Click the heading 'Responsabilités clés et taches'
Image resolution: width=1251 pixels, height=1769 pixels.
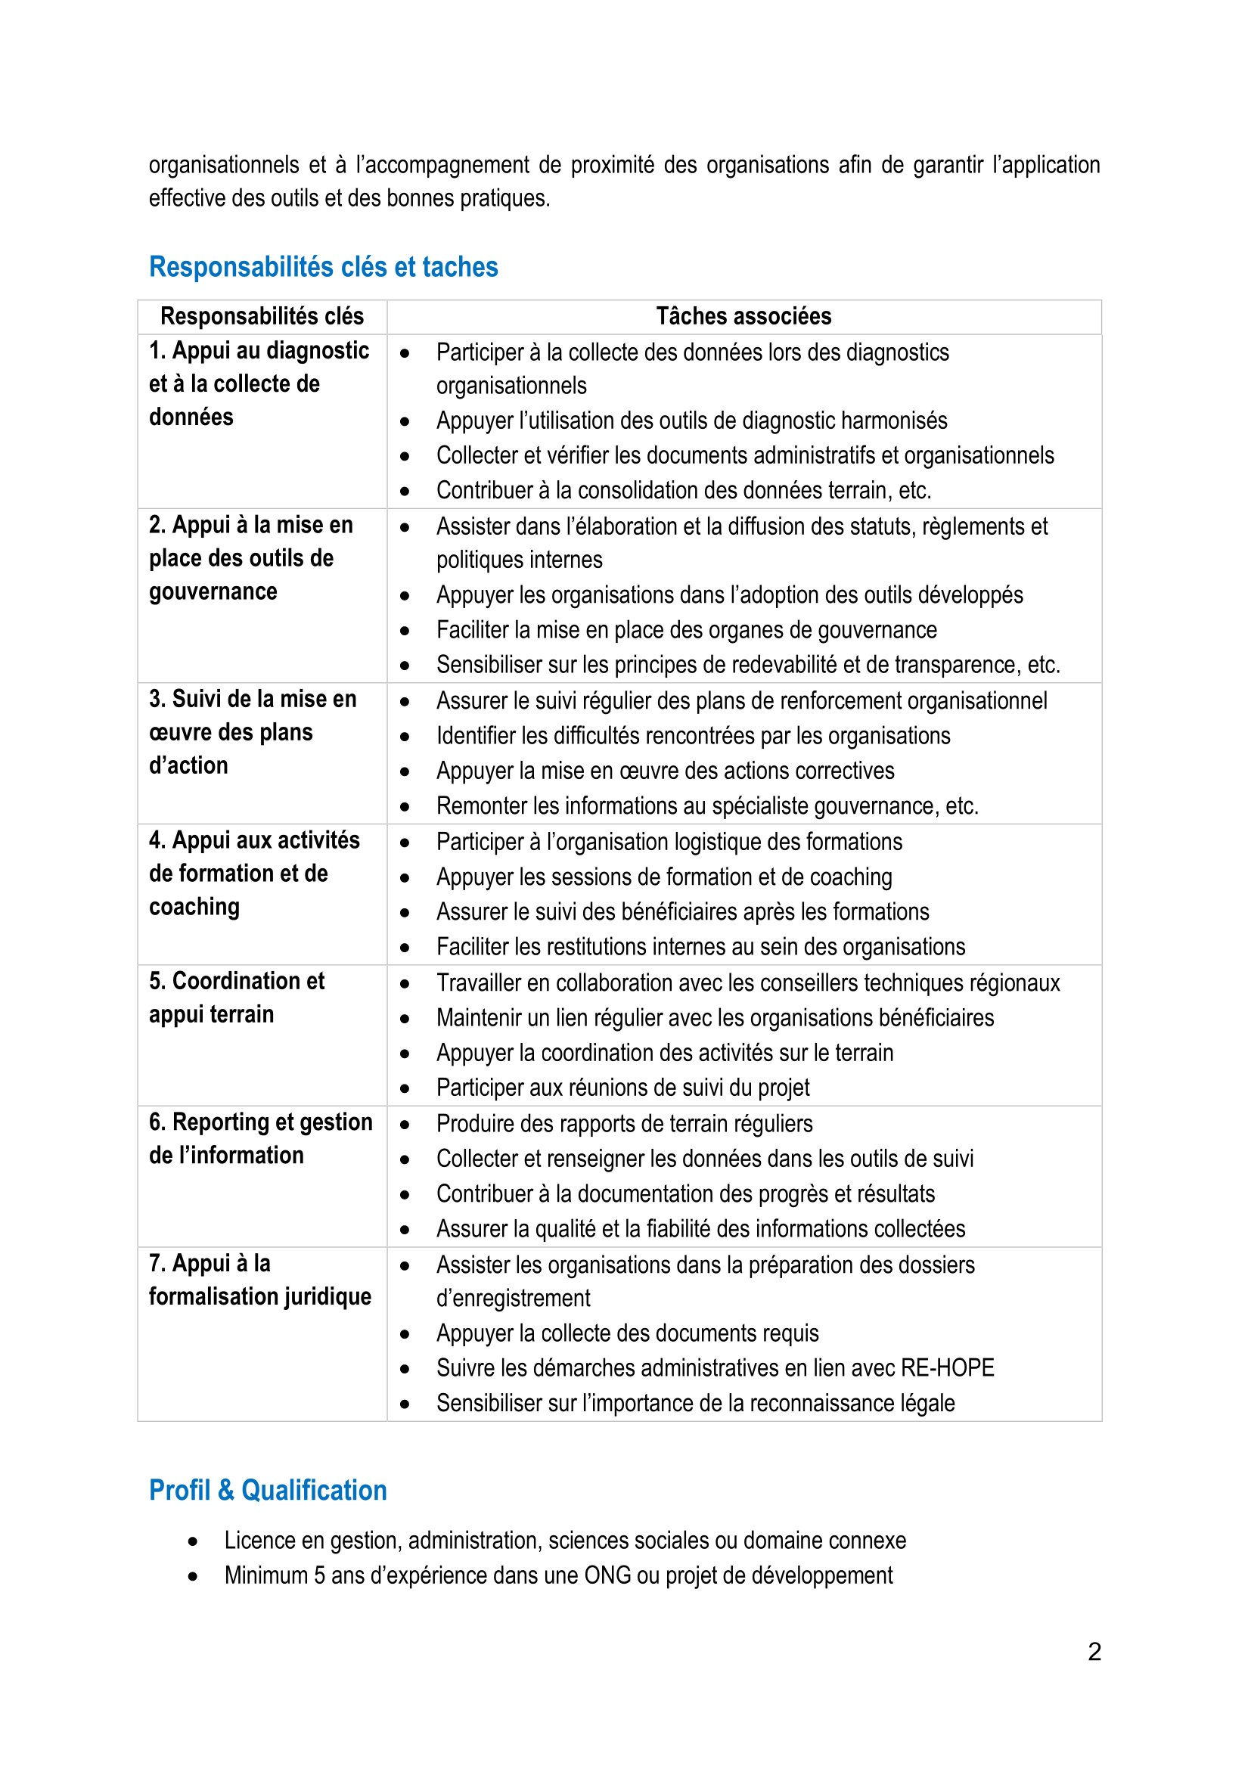click(x=324, y=267)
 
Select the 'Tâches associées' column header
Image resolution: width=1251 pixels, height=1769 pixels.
click(x=743, y=317)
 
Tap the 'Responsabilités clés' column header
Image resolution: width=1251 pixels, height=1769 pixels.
click(x=262, y=317)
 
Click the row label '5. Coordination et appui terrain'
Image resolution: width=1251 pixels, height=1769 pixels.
click(x=237, y=998)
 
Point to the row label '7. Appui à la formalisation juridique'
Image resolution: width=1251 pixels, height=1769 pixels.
click(x=259, y=1280)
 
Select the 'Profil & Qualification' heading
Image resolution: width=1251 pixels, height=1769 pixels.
click(x=267, y=1491)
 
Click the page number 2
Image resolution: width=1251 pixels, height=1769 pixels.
click(x=1094, y=1651)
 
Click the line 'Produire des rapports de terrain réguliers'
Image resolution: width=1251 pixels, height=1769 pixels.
click(x=624, y=1124)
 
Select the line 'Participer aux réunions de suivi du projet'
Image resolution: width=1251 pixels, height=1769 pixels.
click(x=622, y=1088)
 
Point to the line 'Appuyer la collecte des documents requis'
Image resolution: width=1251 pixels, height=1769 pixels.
click(x=627, y=1333)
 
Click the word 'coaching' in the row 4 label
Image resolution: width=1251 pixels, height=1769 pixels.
click(x=194, y=908)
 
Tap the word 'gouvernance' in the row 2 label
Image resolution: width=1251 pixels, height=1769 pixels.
click(x=213, y=591)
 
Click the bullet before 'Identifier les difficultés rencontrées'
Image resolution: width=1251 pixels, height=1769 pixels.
click(x=405, y=737)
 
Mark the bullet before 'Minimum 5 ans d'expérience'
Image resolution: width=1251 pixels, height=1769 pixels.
click(x=193, y=1576)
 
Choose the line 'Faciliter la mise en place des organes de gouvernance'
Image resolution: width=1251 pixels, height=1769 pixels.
click(x=686, y=630)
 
